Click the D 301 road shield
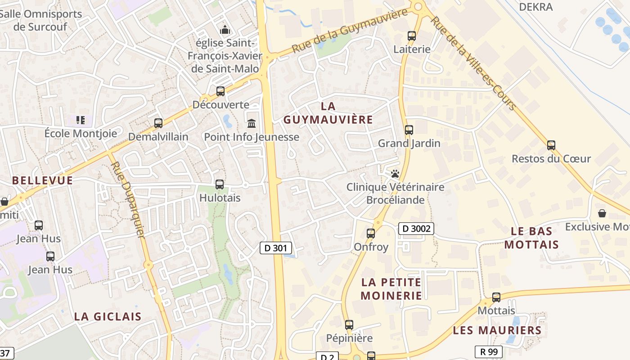coord(276,247)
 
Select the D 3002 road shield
coord(416,229)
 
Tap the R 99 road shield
coord(488,351)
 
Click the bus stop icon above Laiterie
coord(411,36)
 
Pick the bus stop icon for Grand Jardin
coord(409,130)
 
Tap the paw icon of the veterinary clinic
coord(395,173)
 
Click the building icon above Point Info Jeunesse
coord(252,123)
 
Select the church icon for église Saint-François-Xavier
coord(225,30)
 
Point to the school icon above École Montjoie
coord(81,120)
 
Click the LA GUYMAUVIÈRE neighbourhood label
coord(328,113)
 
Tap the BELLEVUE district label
coord(42,180)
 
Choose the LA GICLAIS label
coord(108,316)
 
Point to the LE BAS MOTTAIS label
coord(531,238)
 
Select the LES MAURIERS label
coord(497,330)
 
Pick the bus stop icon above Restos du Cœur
coord(551,145)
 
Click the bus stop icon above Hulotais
coord(220,184)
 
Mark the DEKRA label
coord(535,7)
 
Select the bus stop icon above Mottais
coord(496,297)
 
